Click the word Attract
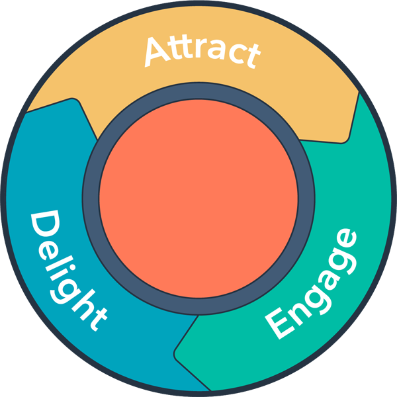[x=200, y=52]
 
